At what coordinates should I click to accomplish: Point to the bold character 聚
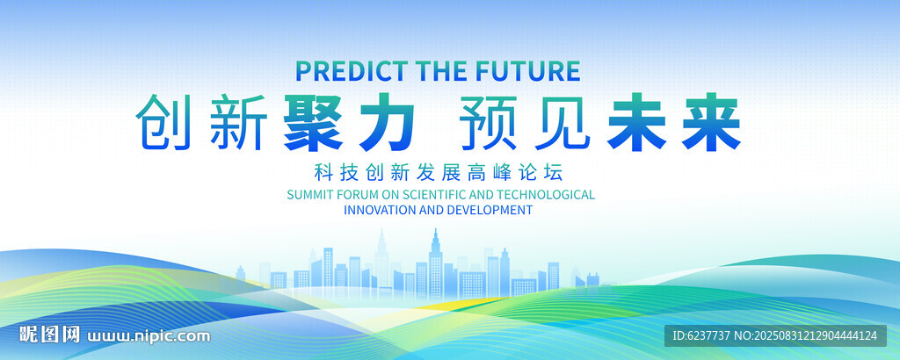point(312,123)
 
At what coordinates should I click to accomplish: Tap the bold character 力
point(386,123)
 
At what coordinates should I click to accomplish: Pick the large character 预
point(490,123)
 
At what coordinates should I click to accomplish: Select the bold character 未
point(637,123)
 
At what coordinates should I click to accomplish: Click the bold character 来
point(711,123)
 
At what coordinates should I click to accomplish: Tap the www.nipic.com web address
point(148,336)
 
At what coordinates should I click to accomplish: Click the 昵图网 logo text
point(49,335)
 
